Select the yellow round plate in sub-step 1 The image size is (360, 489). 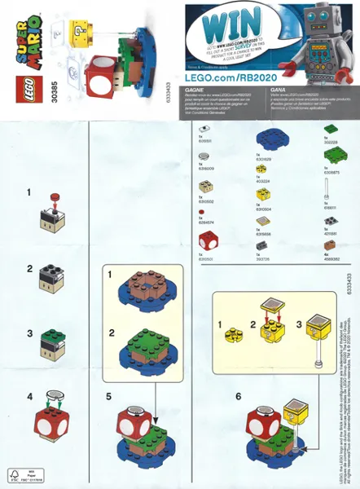click(234, 329)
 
